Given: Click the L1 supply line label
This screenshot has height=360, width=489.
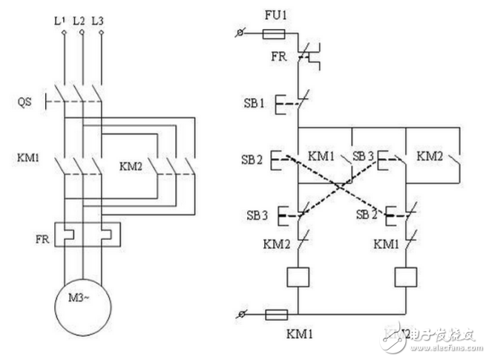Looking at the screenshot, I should coord(61,22).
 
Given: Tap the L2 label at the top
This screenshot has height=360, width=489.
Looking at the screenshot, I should coord(79,22).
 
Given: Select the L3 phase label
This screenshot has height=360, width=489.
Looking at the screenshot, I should coord(97,22).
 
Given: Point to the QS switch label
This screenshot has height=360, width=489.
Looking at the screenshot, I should coord(25,100).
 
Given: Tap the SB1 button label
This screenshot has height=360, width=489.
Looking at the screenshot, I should coord(253,101).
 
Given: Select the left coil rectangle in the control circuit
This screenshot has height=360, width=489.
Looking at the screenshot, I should coord(297,276).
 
